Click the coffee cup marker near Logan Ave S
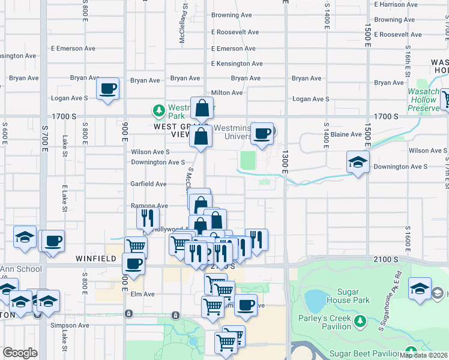tap(108, 89)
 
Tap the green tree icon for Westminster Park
tap(158, 110)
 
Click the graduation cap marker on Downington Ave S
tap(358, 162)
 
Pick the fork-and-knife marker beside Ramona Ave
tap(148, 218)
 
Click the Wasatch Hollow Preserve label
tap(424, 100)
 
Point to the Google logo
tap(20, 353)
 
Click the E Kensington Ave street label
tap(237, 64)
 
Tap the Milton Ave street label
tap(227, 93)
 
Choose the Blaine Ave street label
tap(347, 134)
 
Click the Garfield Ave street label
tap(148, 184)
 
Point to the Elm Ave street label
tap(143, 294)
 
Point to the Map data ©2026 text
tap(424, 355)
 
